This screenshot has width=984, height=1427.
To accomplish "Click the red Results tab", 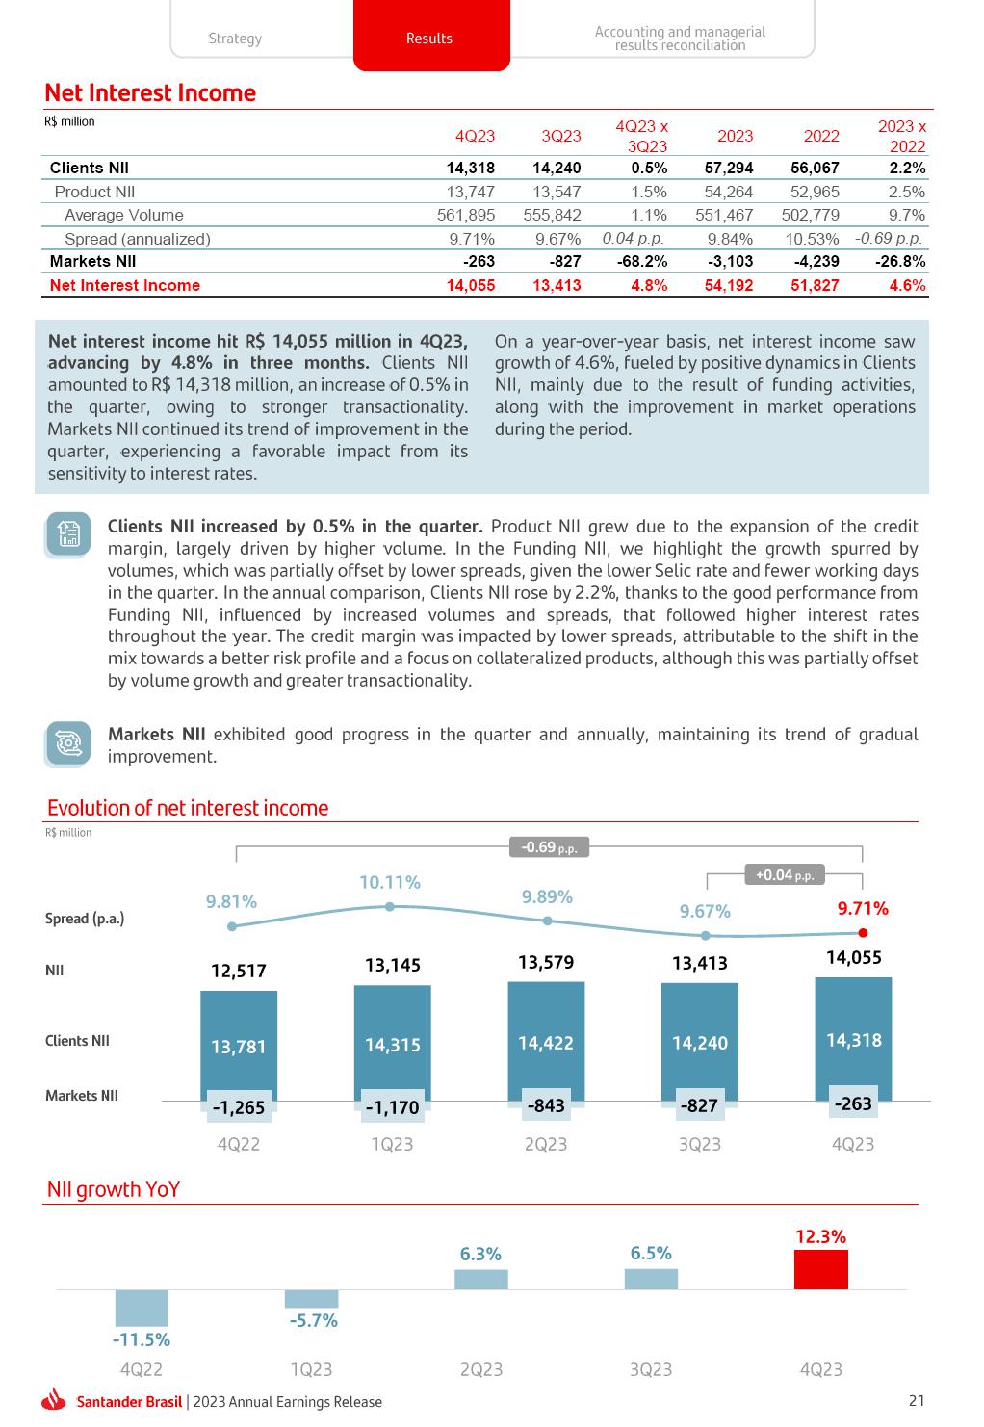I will pos(430,38).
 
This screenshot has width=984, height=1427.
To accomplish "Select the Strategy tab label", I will pos(235,39).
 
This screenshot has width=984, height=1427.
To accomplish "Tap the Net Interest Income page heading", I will pos(150,93).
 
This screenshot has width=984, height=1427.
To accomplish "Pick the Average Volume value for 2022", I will pos(810,215).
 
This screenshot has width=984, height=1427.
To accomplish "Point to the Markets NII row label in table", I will pos(92,261).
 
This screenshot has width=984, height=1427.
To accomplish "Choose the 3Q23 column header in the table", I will pos(561,136).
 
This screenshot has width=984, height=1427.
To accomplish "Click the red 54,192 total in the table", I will pos(729,285).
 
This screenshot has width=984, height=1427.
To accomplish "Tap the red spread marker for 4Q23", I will pos(863,933).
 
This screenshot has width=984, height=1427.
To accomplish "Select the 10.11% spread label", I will pos(390,882).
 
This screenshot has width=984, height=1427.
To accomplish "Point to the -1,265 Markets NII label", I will pos(238,1107).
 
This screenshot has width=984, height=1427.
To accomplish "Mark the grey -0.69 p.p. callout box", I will pos(549,847).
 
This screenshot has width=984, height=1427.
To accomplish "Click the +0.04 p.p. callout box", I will pos(785,875).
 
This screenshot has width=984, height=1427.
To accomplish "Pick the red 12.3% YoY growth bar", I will pos(820,1269).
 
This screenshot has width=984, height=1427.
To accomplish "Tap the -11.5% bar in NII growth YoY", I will pos(142,1308).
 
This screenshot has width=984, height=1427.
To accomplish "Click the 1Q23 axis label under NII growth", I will pos(311,1369).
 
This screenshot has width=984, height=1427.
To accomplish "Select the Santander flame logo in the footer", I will pos(54,1401).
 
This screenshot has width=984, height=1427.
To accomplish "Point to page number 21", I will pos(916,1401).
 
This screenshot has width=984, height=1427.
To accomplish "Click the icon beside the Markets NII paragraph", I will pos(68,743).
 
